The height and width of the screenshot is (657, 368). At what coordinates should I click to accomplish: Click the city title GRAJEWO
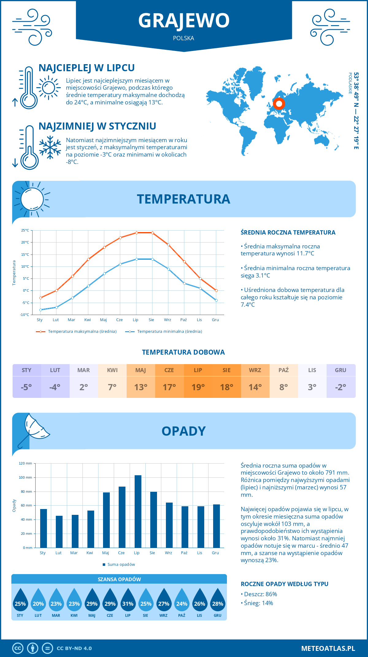coord(184,20)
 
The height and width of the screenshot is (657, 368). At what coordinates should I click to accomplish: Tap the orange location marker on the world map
coord(279,104)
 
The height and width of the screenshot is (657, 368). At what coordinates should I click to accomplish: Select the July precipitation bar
coord(138,511)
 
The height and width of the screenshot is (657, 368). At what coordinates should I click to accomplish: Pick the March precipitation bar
coord(75,531)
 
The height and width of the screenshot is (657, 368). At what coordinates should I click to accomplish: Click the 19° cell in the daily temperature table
coord(198,387)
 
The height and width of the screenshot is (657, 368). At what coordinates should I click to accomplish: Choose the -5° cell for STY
coord(27,387)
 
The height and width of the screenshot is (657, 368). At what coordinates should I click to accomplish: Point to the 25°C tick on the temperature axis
coord(25,230)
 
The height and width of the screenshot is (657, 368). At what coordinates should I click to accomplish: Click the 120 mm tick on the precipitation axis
coord(25,463)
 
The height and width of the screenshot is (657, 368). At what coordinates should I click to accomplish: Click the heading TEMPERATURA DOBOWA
coord(183,352)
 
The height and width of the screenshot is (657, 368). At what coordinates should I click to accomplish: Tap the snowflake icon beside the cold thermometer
coord(50,147)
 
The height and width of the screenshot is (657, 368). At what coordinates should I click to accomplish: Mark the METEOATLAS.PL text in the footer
coord(328,648)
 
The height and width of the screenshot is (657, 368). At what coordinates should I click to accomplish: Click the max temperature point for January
coord(40,298)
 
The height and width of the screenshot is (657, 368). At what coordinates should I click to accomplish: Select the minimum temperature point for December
coord(216,300)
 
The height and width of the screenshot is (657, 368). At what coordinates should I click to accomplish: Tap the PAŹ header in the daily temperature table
coord(284,370)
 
